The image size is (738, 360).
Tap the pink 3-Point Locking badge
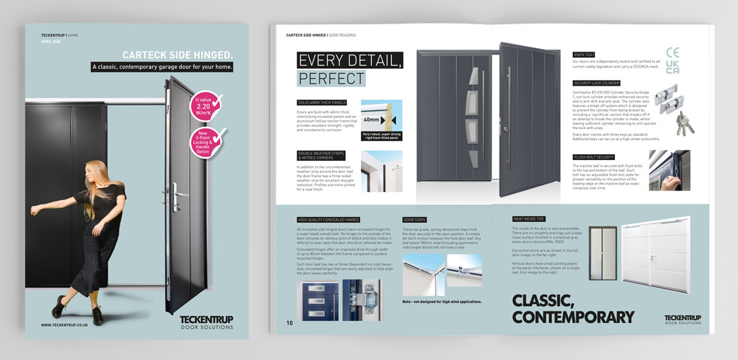click(x=209, y=140)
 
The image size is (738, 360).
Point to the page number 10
click(x=290, y=323)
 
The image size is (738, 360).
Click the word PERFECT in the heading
click(x=331, y=78)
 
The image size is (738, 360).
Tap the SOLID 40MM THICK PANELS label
click(x=323, y=101)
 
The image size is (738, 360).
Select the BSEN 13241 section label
click(x=586, y=55)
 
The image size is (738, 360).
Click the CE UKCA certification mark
click(x=673, y=60)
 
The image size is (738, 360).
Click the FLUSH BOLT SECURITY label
click(x=594, y=157)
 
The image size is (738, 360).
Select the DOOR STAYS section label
click(x=415, y=220)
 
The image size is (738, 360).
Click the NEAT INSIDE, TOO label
click(x=529, y=219)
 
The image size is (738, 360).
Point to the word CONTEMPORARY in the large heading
click(x=572, y=317)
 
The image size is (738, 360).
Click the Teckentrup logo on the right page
click(x=682, y=319)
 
